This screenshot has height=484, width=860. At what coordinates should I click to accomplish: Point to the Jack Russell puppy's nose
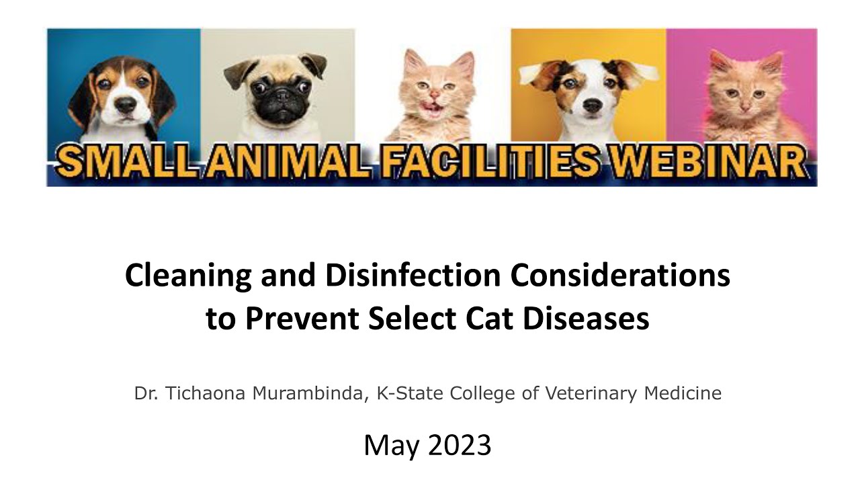point(592,106)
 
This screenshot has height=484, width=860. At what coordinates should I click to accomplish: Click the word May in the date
point(390,446)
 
